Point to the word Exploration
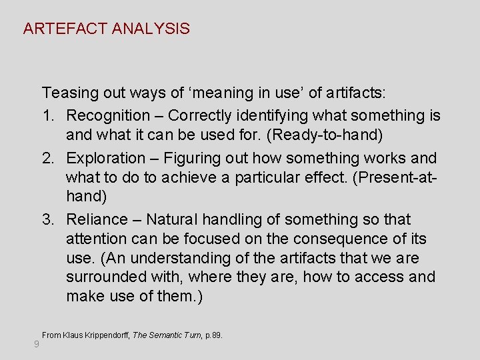click(106, 158)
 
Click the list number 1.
click(47, 115)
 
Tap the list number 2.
click(47, 158)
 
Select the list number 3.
click(47, 219)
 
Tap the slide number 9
click(36, 344)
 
